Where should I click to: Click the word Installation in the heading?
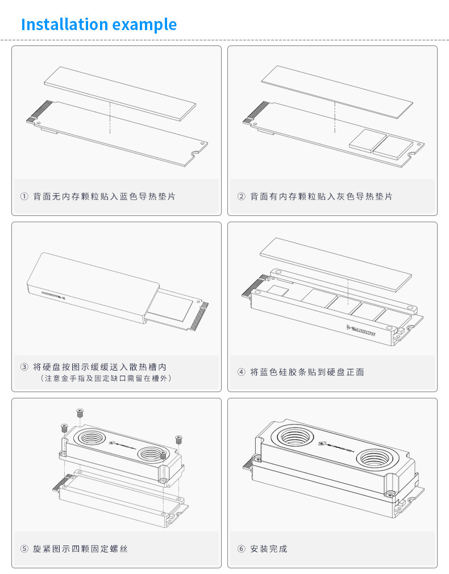pyautogui.click(x=64, y=25)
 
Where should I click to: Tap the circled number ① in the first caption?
pyautogui.click(x=24, y=197)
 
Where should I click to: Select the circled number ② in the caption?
pyautogui.click(x=241, y=197)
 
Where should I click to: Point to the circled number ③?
pyautogui.click(x=24, y=367)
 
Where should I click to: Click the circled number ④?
pyautogui.click(x=241, y=372)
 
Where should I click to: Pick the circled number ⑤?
pyautogui.click(x=24, y=549)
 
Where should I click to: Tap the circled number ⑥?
pyautogui.click(x=241, y=549)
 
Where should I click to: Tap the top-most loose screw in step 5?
pyautogui.click(x=80, y=412)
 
